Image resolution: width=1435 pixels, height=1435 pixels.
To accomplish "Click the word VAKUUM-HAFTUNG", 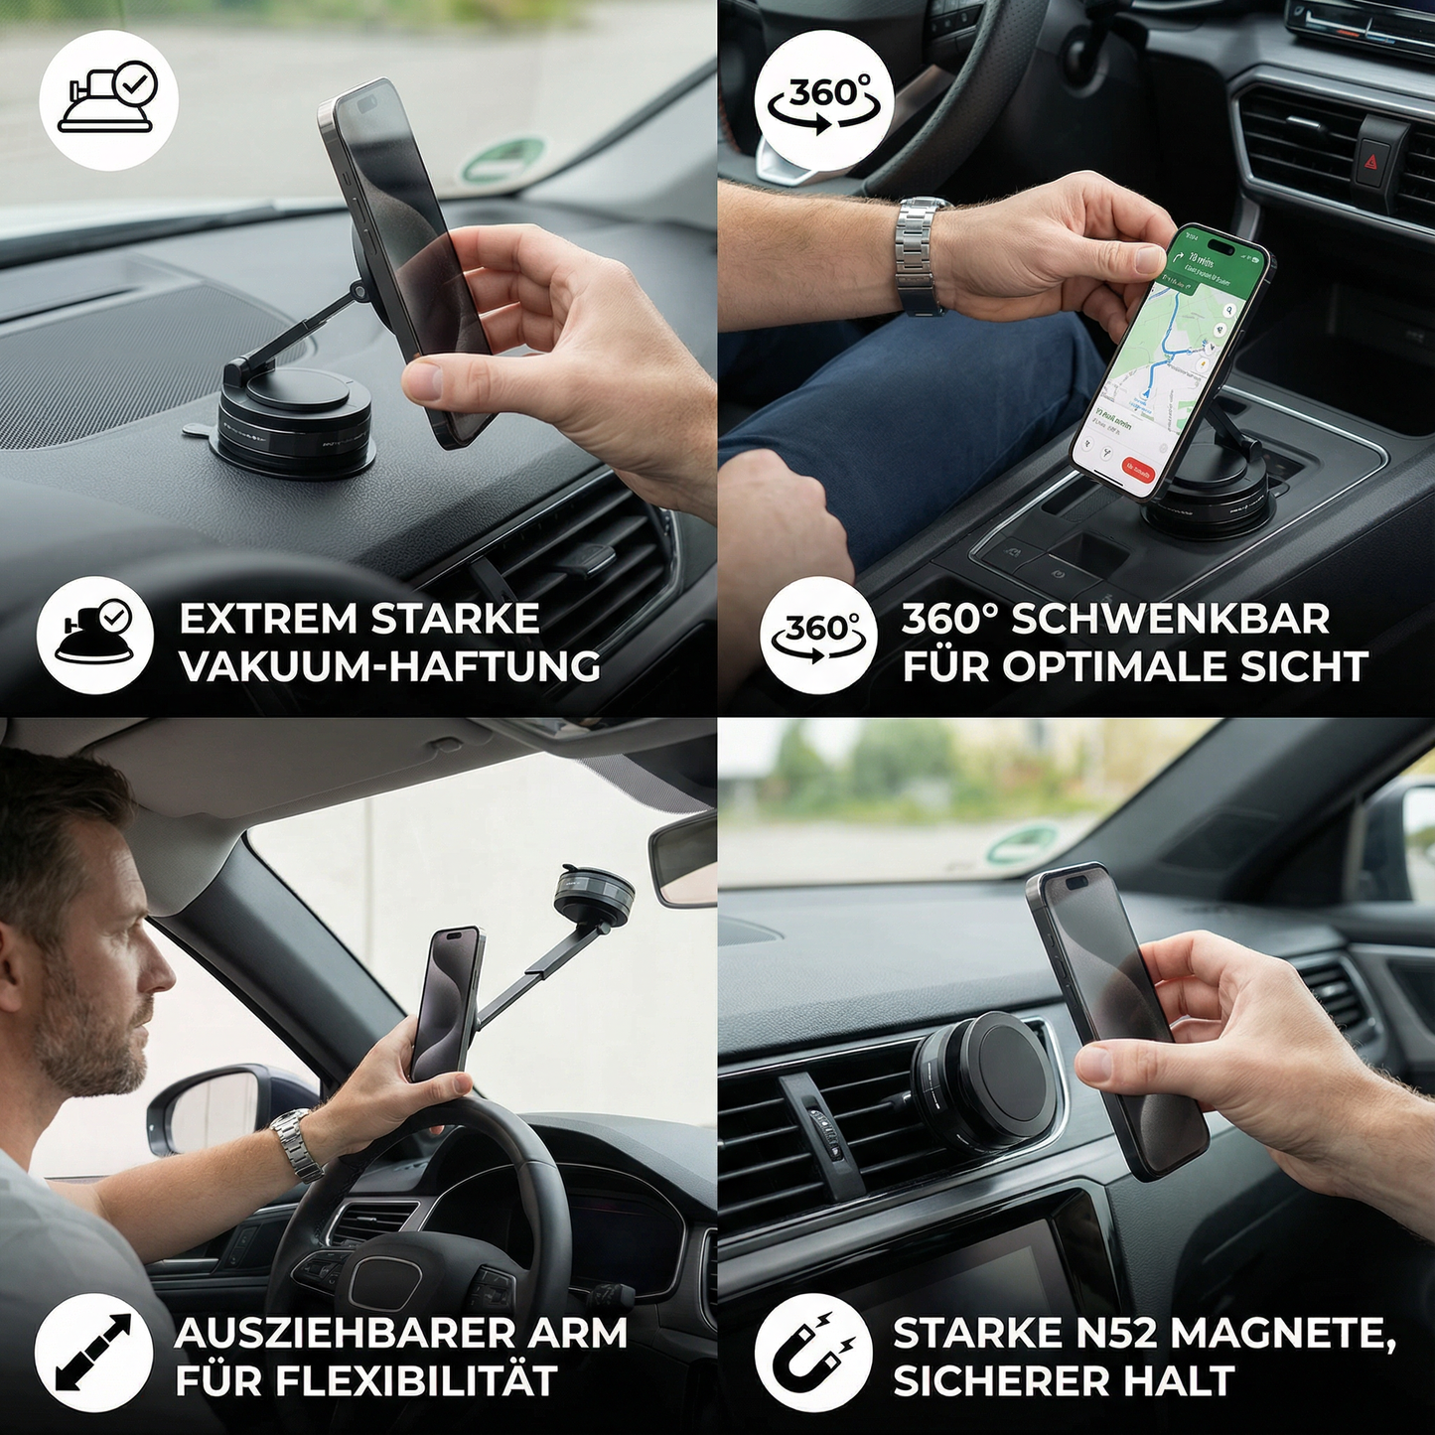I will pyautogui.click(x=389, y=666).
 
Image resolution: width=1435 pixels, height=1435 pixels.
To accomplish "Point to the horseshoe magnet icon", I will pyautogui.click(x=813, y=1353).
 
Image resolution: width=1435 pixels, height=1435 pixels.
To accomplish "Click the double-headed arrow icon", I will pyautogui.click(x=93, y=1353).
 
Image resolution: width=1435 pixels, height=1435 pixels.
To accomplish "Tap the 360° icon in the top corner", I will pyautogui.click(x=824, y=100).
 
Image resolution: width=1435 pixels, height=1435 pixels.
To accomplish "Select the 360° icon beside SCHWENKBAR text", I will pyautogui.click(x=818, y=636).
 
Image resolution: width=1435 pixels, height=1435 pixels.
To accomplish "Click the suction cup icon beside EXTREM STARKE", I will pyautogui.click(x=95, y=636).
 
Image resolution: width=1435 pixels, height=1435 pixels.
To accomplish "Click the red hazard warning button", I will pyautogui.click(x=1374, y=159).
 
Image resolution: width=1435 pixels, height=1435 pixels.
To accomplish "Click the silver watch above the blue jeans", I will pyautogui.click(x=920, y=254).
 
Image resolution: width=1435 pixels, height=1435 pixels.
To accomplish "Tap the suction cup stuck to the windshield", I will pyautogui.click(x=594, y=895).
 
